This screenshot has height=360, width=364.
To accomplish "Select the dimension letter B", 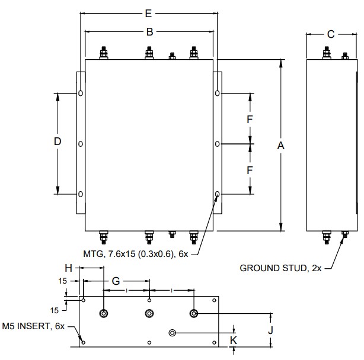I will tap(150, 32).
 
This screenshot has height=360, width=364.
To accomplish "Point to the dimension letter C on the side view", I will tap(331, 34).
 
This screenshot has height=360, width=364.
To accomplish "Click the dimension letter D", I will tap(58, 142).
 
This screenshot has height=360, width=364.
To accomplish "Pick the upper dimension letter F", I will tap(250, 119).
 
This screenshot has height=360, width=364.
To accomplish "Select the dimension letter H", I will tap(69, 268).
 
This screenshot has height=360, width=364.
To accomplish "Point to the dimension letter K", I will tap(234, 340).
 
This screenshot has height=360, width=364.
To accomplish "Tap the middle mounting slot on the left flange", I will tap(81, 144).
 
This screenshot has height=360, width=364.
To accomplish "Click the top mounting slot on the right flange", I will tap(218, 93).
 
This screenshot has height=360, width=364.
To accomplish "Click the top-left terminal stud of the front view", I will tap(104, 53).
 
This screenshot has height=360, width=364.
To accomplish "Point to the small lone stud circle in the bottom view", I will tap(173, 333).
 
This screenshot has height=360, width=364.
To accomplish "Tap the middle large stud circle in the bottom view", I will tap(149, 313).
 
